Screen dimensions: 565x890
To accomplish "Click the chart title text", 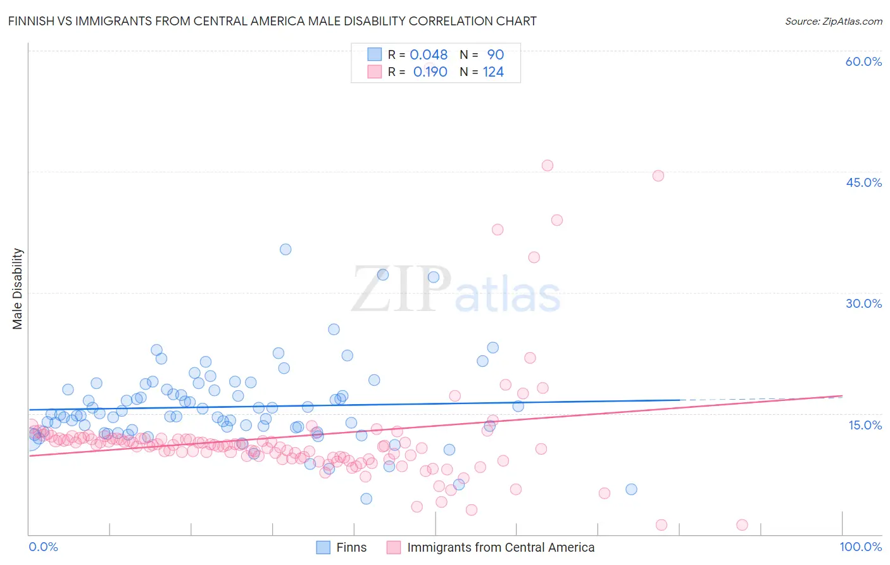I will (272, 22).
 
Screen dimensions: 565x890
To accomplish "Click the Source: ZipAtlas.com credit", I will (833, 22).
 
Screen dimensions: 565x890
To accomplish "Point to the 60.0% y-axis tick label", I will (863, 61).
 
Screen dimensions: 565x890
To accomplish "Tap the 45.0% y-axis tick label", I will (863, 182).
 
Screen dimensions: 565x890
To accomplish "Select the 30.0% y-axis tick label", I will (863, 303).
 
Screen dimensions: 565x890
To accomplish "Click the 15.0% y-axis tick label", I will (865, 424).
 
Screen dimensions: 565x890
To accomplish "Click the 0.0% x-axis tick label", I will (43, 547).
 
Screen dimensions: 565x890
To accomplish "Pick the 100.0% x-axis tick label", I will (860, 547).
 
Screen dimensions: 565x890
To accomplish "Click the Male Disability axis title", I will (18, 289).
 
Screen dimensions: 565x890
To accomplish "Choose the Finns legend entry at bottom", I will (351, 548).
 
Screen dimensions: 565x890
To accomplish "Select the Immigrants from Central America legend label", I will (500, 548).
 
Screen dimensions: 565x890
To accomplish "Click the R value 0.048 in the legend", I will (429, 55).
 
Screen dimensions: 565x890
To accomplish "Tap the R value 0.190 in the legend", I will (430, 72).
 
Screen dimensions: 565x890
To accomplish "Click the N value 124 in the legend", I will (493, 72).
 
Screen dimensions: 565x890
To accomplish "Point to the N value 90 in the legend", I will (495, 55).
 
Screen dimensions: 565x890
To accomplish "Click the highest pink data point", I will (548, 165).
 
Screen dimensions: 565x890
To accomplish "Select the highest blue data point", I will (285, 250).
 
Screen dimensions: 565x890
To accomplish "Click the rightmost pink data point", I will (743, 524).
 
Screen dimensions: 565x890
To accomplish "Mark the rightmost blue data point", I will (631, 489).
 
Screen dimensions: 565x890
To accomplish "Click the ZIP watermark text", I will (401, 290).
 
